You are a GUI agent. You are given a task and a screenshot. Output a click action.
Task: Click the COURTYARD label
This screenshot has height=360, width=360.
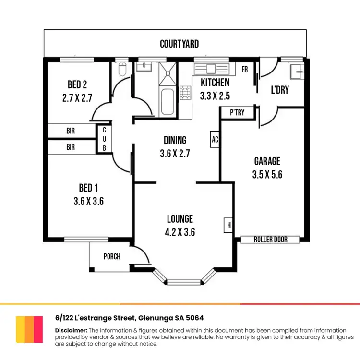(x=179, y=44)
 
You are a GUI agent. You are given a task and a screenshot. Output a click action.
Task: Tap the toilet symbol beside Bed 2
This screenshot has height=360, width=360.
(x=122, y=70)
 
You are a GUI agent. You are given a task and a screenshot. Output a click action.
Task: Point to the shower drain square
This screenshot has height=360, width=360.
(x=168, y=73)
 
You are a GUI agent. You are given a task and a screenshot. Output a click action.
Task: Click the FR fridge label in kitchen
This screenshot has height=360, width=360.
(x=244, y=69)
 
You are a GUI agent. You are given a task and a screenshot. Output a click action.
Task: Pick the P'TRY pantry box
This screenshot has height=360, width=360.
(x=237, y=112)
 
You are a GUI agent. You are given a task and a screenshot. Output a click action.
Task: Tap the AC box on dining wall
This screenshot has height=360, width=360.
(x=215, y=140)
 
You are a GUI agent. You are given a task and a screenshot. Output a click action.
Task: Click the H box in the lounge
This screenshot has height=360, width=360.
(x=228, y=225)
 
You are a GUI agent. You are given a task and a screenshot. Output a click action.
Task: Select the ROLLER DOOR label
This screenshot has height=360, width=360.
(x=270, y=239)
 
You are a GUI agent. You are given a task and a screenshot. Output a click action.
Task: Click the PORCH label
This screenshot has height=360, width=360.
(x=112, y=256)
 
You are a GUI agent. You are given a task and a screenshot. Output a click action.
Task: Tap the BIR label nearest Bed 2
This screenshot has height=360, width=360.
(x=71, y=130)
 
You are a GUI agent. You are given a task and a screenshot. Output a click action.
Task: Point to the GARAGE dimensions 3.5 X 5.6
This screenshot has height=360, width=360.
(x=267, y=175)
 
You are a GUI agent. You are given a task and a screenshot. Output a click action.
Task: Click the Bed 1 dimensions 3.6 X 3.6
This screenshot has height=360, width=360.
(x=88, y=201)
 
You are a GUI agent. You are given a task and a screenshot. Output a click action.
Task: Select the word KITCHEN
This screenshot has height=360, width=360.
(x=215, y=82)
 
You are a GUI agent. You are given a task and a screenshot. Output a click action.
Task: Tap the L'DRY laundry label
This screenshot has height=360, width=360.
(x=280, y=90)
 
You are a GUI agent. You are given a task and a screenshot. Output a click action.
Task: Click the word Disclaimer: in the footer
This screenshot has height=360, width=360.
(x=71, y=330)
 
